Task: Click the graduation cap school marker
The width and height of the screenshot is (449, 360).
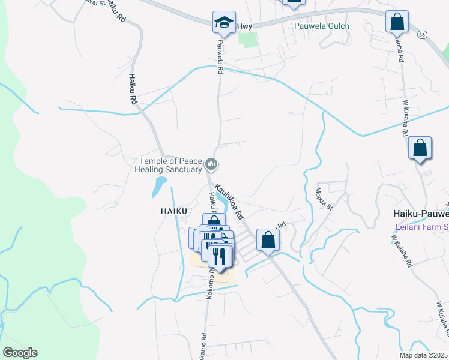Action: tap(223, 23)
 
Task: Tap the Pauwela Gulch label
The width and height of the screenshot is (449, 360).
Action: tap(321, 26)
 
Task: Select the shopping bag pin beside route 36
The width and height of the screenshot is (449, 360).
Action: tap(397, 22)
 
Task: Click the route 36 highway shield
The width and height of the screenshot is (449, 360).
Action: tap(422, 35)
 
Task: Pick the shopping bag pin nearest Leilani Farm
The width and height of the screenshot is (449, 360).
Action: tap(420, 148)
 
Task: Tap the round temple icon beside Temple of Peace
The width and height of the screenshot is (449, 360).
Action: tap(211, 164)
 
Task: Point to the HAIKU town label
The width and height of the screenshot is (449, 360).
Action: tap(175, 211)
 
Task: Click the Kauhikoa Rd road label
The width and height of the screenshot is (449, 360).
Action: tap(229, 201)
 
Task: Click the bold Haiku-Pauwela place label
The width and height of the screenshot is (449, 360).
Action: tap(420, 214)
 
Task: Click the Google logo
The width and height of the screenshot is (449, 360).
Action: tap(20, 353)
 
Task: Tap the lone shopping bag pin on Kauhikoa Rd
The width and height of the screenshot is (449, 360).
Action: tap(267, 240)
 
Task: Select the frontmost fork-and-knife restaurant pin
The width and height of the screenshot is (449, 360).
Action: tap(220, 256)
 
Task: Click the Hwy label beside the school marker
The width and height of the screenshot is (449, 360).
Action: tap(244, 26)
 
